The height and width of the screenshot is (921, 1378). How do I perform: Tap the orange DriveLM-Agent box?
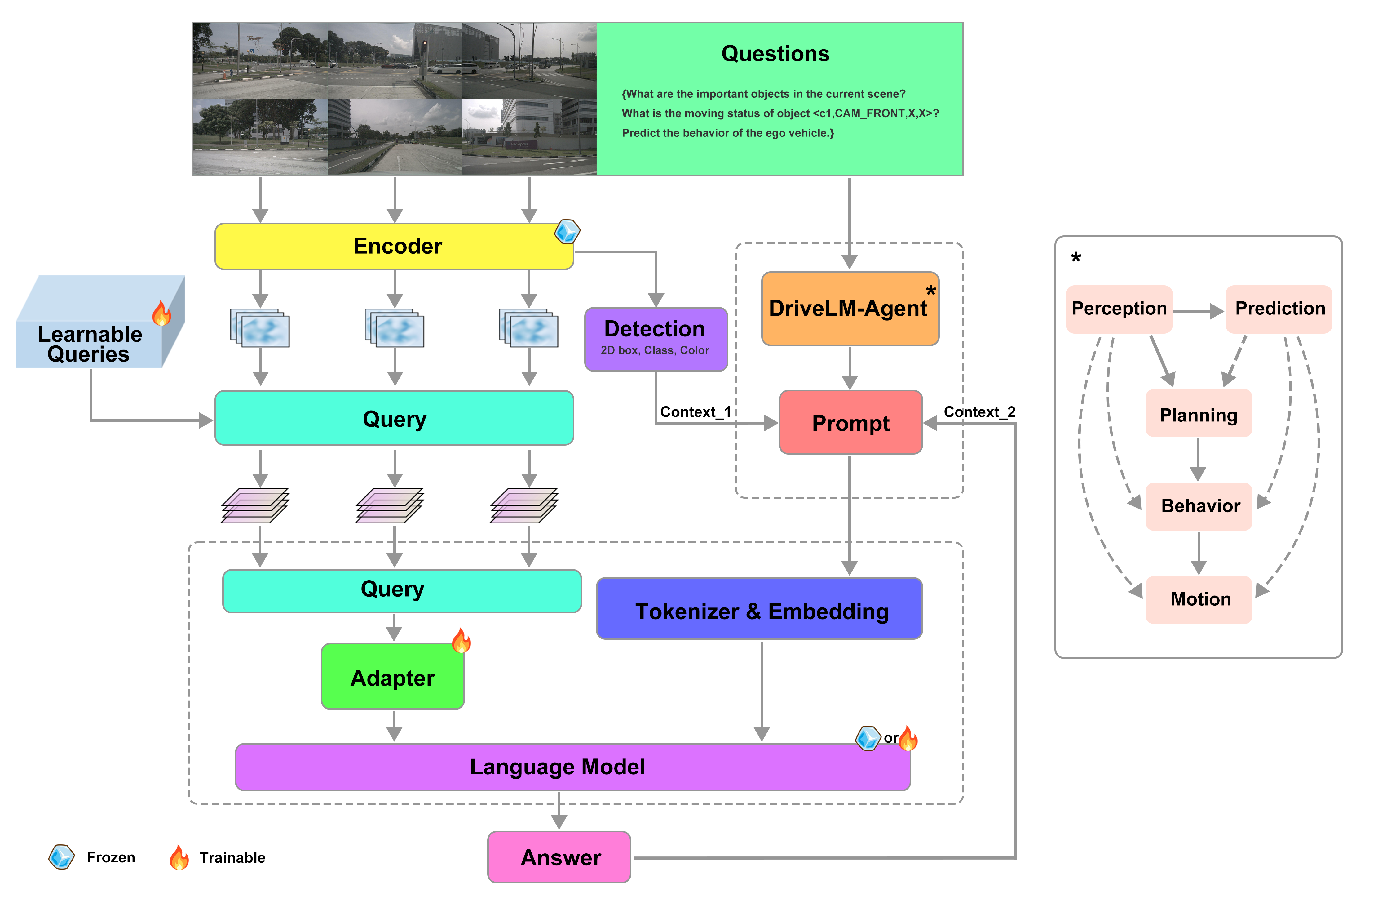click(x=849, y=308)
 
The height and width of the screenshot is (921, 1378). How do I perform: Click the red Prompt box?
click(x=850, y=422)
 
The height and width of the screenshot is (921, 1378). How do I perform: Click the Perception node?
click(x=1119, y=308)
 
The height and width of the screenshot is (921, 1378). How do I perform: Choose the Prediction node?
click(x=1279, y=308)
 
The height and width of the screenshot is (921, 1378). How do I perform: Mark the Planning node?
click(x=1198, y=415)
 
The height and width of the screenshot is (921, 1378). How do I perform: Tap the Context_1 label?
click(x=695, y=412)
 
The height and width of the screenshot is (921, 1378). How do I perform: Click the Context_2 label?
click(x=979, y=412)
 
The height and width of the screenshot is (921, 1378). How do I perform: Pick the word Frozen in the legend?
click(x=110, y=857)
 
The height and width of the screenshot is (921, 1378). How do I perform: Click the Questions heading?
click(x=775, y=53)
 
